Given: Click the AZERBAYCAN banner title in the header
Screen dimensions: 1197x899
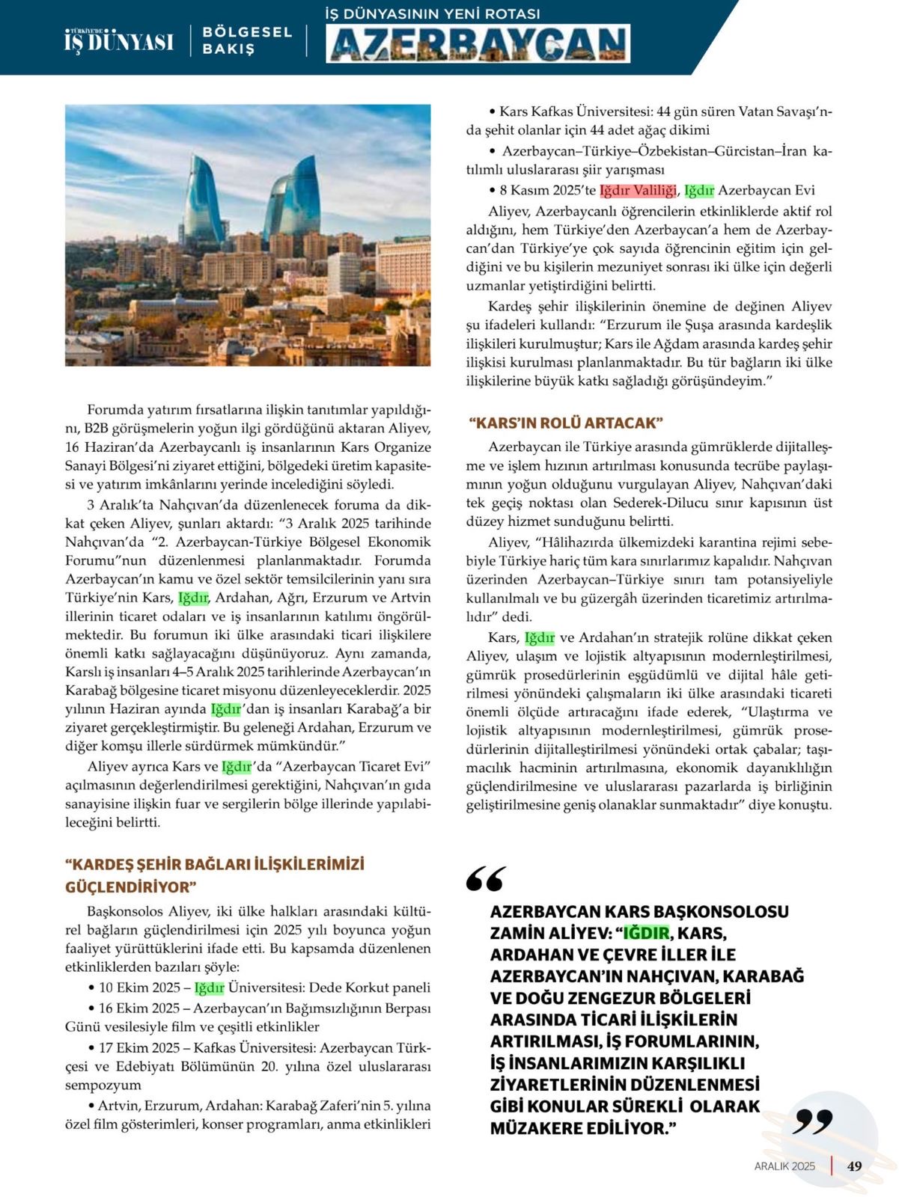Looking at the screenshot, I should click(x=478, y=43).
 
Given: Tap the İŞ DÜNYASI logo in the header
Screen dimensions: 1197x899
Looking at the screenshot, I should click(x=119, y=41).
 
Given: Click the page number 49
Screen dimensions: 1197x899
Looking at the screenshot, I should click(x=855, y=1166).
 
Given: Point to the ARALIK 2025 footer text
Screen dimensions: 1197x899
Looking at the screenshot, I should click(x=784, y=1166).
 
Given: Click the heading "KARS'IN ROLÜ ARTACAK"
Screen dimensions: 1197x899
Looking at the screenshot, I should click(x=566, y=423).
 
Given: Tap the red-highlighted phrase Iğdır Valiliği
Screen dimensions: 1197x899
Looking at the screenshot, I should click(x=638, y=190).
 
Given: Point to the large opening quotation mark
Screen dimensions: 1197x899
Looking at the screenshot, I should click(x=485, y=879).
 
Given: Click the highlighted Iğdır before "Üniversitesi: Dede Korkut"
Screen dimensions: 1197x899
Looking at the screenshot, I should click(x=209, y=988).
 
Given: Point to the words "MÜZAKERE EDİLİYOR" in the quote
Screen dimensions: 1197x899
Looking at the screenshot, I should click(x=578, y=1128).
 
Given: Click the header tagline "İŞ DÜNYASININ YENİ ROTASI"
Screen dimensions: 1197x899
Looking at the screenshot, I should click(x=433, y=13).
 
